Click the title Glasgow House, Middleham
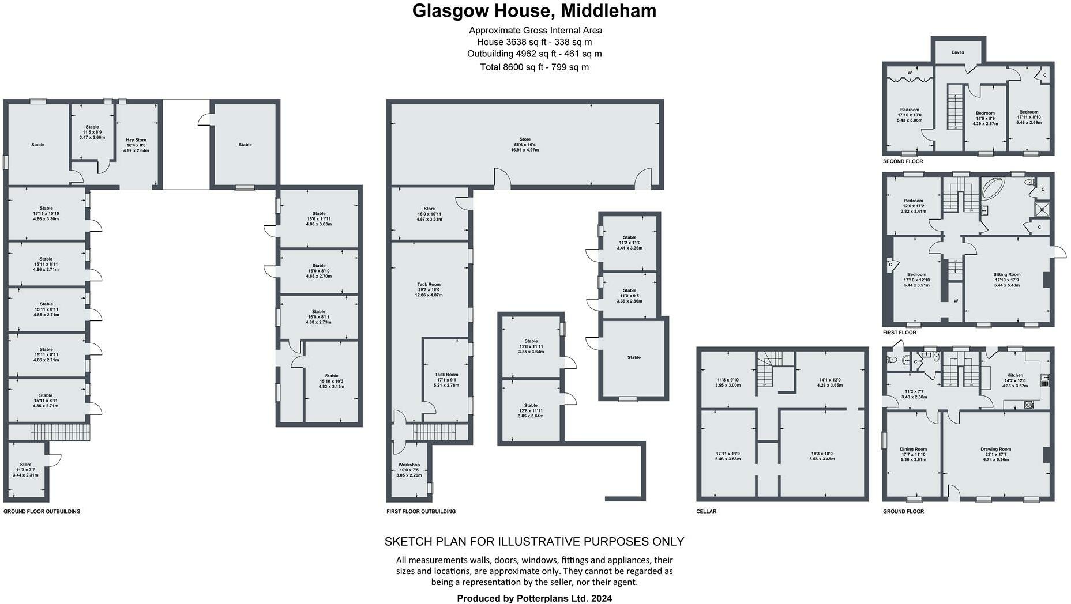(534, 12)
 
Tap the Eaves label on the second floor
(957, 52)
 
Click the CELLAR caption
(706, 511)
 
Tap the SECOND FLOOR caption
(903, 161)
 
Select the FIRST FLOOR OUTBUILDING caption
(420, 511)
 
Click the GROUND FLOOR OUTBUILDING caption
(42, 511)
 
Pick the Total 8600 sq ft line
(534, 67)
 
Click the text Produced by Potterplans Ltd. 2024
(534, 598)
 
